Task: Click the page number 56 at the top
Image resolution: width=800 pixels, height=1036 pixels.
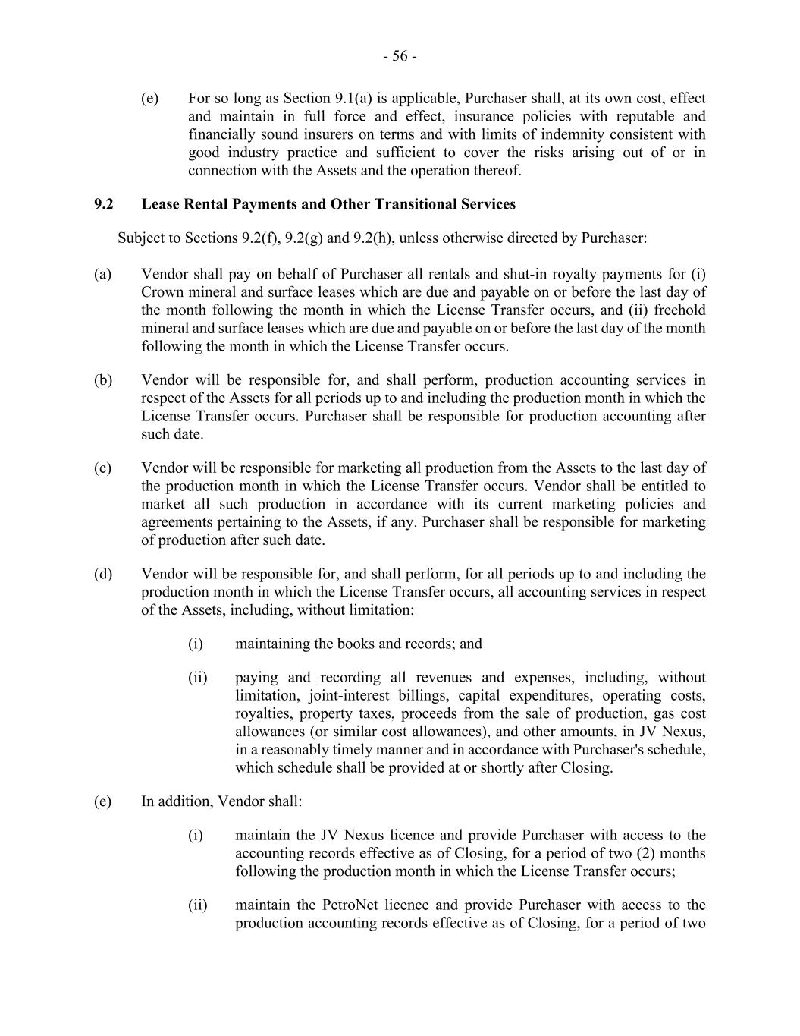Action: click(400, 56)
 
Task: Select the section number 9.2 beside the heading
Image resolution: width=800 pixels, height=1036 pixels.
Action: click(104, 204)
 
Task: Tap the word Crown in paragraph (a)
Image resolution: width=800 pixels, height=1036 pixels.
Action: click(160, 292)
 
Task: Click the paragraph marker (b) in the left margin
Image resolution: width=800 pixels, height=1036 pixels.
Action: click(103, 380)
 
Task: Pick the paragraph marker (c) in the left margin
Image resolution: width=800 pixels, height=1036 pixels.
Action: click(103, 468)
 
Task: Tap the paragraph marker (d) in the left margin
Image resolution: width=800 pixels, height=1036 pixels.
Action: click(103, 574)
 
